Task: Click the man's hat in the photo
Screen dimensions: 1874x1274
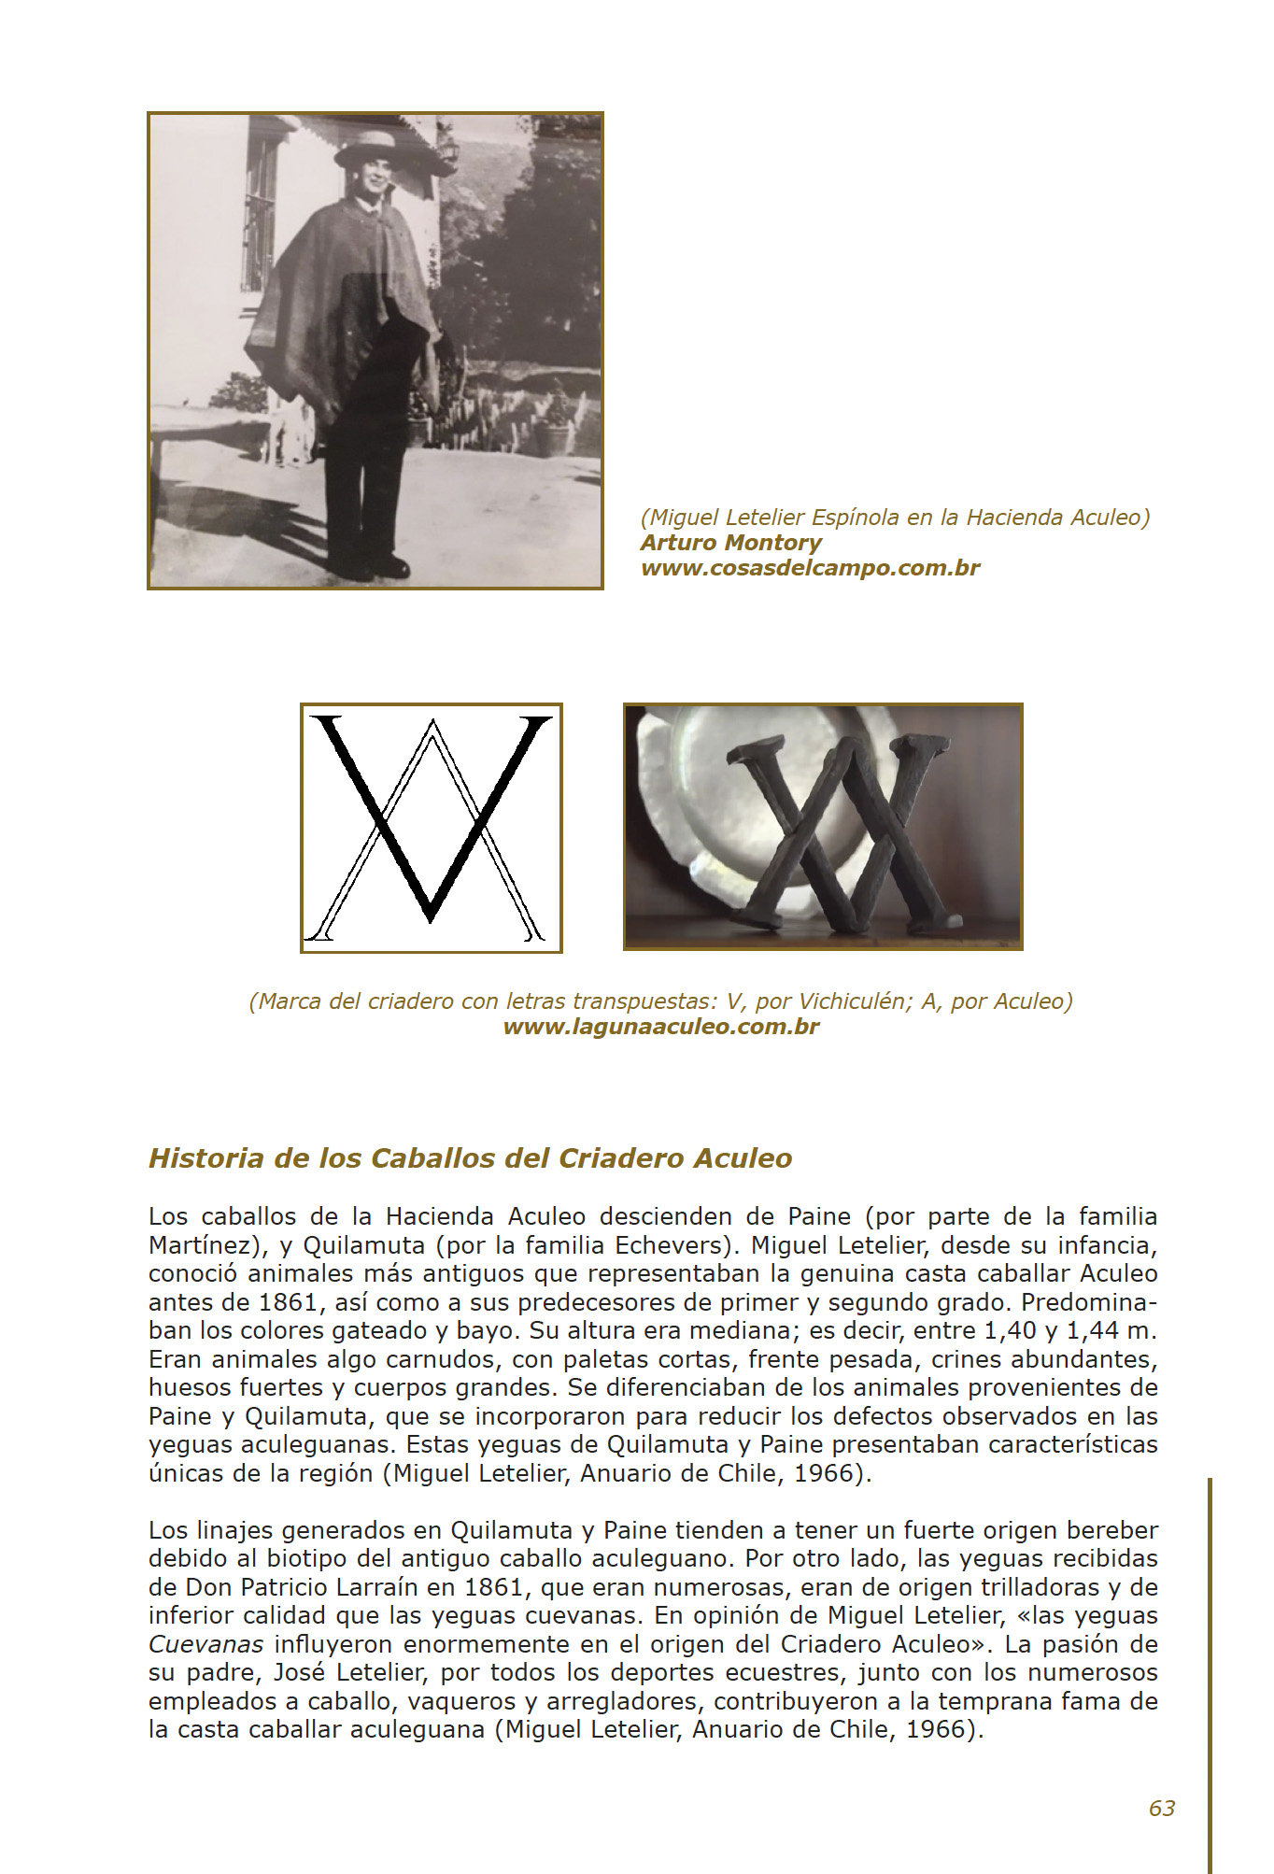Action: tap(367, 148)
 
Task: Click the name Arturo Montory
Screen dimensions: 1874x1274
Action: tap(730, 543)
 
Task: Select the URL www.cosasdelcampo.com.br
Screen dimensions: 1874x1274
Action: tap(810, 568)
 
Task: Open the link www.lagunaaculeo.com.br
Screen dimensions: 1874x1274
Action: tap(660, 1027)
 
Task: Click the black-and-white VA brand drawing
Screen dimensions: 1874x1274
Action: tap(431, 828)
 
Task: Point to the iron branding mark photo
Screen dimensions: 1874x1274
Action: tap(823, 827)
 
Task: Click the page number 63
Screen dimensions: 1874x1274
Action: tap(1161, 1809)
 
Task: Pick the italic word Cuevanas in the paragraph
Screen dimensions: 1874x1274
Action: tap(205, 1645)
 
